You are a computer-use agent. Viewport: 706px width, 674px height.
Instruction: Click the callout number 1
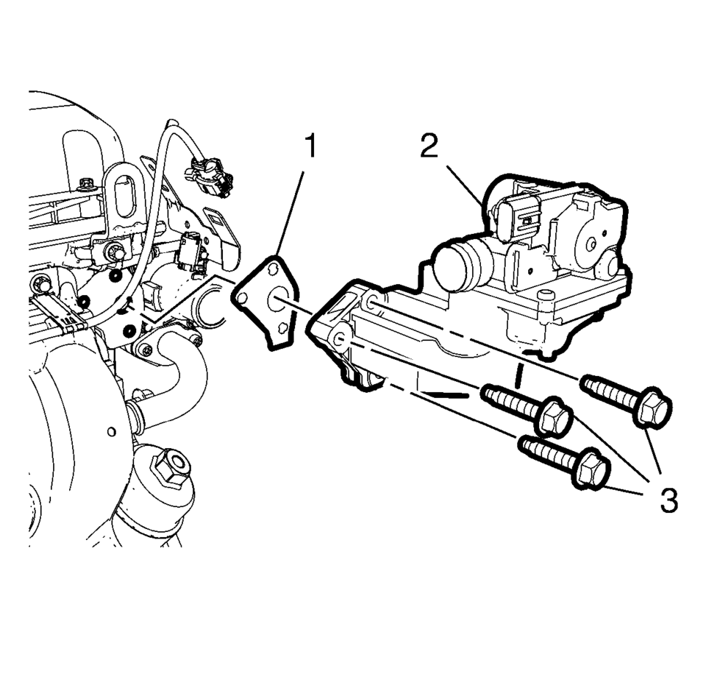coord(311,146)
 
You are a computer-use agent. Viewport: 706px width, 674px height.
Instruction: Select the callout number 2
coord(429,146)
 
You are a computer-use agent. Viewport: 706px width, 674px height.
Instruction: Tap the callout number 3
coord(666,502)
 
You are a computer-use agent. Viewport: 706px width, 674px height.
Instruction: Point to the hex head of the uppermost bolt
coord(652,407)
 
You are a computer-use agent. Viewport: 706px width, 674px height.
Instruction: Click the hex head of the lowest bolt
coord(591,469)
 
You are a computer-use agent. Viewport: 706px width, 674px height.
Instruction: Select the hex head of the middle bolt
coord(554,417)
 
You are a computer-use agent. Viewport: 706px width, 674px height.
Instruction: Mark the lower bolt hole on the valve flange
coord(339,338)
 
